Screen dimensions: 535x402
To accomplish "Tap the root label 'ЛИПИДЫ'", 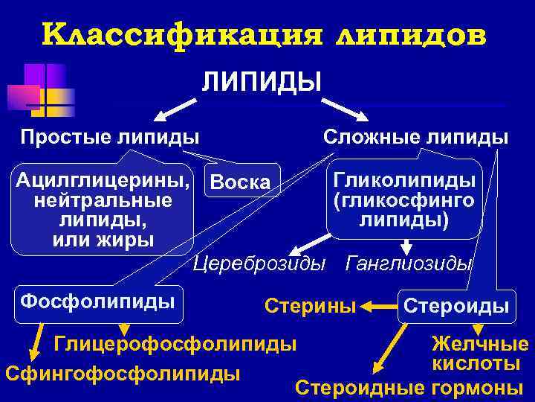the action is pos(262,80).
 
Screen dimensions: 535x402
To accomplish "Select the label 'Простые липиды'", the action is pos(110,137).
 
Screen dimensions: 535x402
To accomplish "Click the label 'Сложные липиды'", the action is pos(415,137).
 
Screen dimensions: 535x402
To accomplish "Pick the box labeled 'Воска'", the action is pos(240,182).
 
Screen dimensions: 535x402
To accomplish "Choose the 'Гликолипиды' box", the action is pos(404,200).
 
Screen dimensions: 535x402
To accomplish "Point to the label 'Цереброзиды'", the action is pos(259,263).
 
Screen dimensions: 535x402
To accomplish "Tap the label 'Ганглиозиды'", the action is pos(409,263).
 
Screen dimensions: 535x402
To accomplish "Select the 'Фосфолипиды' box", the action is pos(97,301).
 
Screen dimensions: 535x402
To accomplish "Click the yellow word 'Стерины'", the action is pos(311,305).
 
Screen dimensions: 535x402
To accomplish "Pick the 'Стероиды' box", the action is pos(455,306).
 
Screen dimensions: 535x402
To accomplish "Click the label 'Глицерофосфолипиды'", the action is pos(175,344).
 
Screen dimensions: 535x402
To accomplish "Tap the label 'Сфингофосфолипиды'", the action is pos(122,372).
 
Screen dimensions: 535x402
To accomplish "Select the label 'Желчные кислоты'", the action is pos(479,354).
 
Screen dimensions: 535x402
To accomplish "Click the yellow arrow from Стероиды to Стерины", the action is pos(380,305).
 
